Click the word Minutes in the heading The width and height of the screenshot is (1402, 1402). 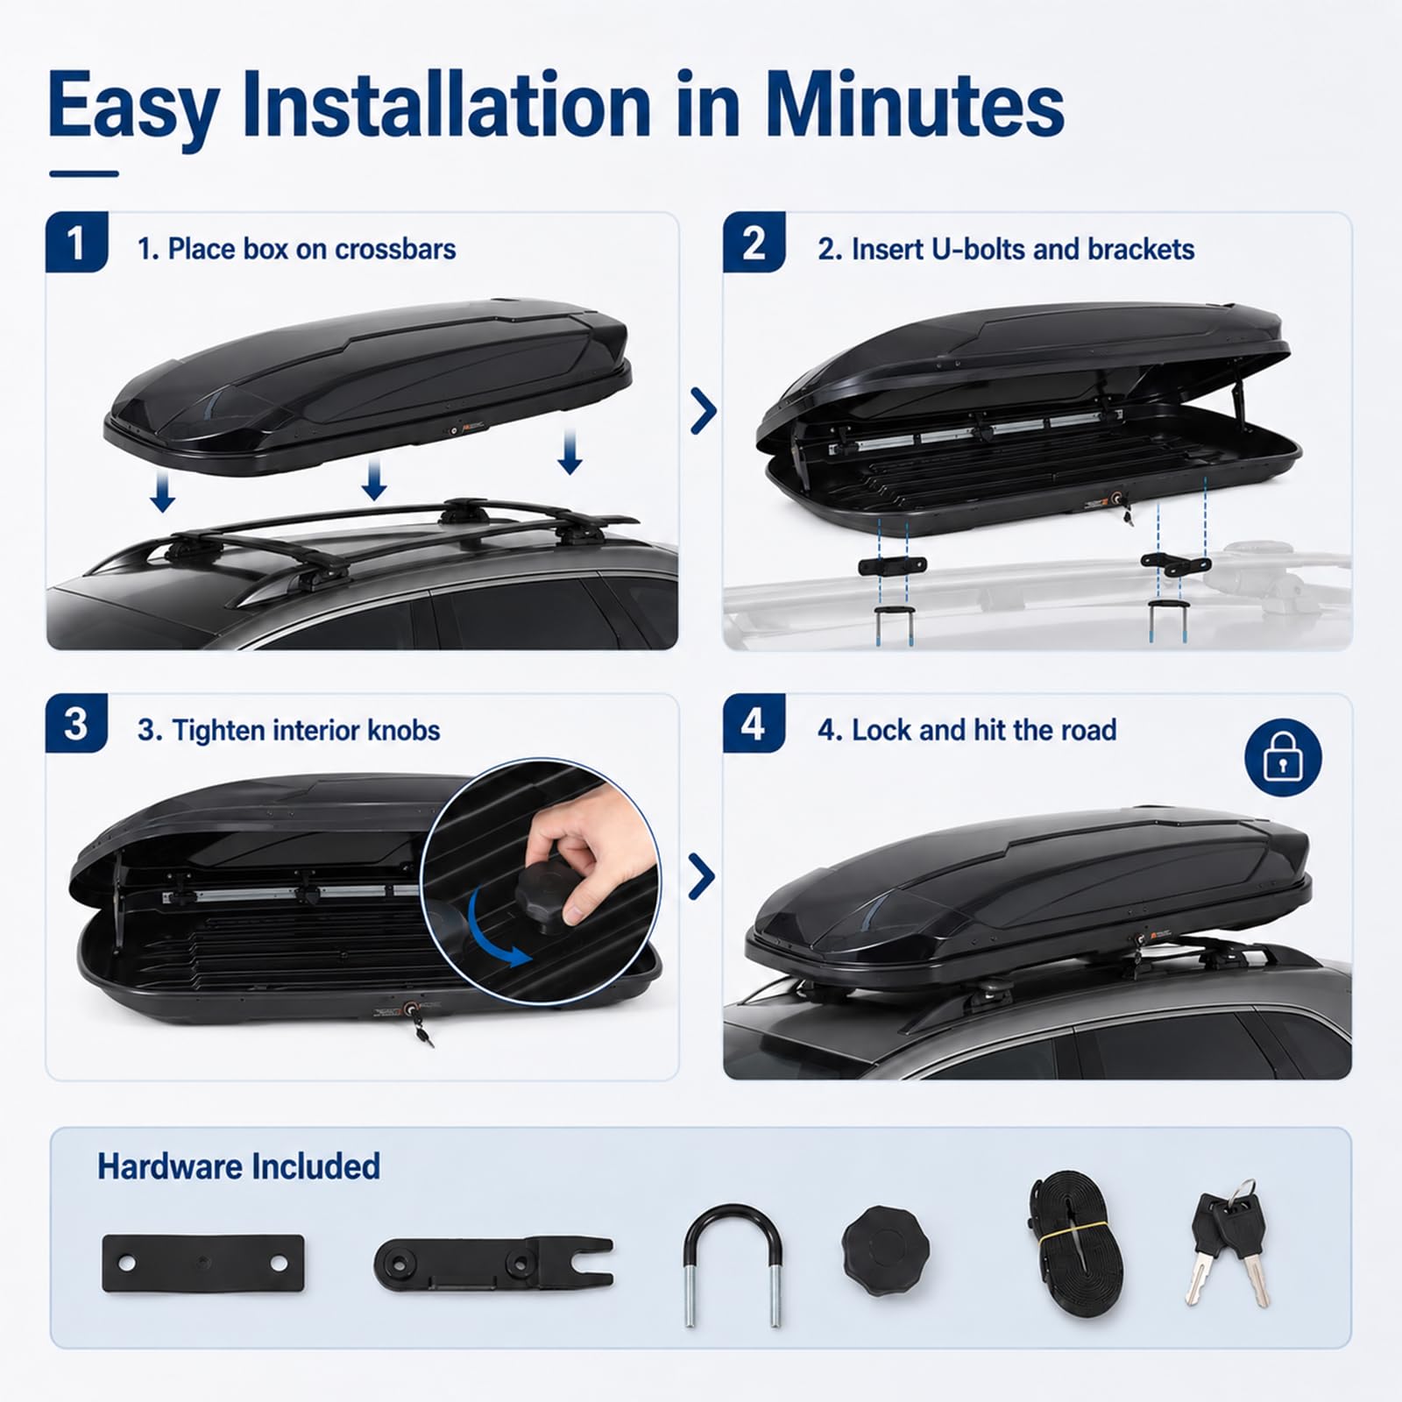[915, 105]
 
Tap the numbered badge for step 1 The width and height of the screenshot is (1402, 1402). [76, 243]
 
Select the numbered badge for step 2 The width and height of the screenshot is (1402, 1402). [754, 243]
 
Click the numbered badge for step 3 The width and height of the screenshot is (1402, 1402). [76, 724]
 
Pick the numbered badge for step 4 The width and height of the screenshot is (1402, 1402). [754, 724]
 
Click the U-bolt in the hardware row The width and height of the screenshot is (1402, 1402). [733, 1265]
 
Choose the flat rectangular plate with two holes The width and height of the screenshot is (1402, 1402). [203, 1263]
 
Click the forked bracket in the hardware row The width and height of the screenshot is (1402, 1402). [494, 1264]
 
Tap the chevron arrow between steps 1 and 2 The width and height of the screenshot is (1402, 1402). [703, 411]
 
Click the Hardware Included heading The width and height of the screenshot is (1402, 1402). [238, 1167]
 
